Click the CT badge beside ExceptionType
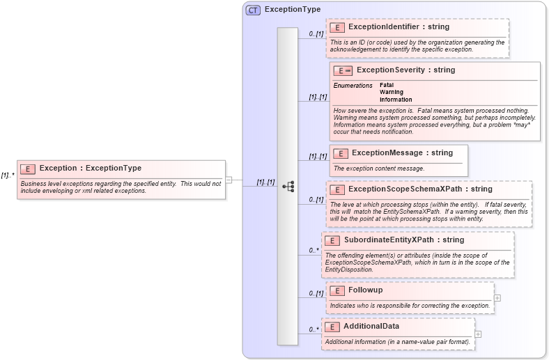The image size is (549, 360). pos(253,10)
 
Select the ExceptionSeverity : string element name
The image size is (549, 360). pos(405,70)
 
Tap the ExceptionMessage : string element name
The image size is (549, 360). pos(402,153)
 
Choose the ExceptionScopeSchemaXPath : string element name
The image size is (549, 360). pos(420,189)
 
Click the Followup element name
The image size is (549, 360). pos(365,290)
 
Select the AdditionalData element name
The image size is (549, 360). pos(371,327)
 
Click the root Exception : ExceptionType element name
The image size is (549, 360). pos(91,169)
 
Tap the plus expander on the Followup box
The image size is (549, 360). pos(497,297)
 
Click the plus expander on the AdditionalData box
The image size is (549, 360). pos(478,334)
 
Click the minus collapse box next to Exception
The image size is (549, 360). pos(229,180)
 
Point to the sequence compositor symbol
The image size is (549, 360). pos(288,187)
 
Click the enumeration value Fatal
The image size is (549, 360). pos(387,85)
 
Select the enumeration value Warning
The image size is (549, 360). pos(392,92)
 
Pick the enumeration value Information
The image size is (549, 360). pos(396,100)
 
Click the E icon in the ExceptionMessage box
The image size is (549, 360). pos(341,153)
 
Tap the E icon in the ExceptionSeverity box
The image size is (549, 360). pos(343,70)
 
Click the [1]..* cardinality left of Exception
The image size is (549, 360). pos(8,175)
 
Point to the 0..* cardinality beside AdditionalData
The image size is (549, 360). pos(314,329)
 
